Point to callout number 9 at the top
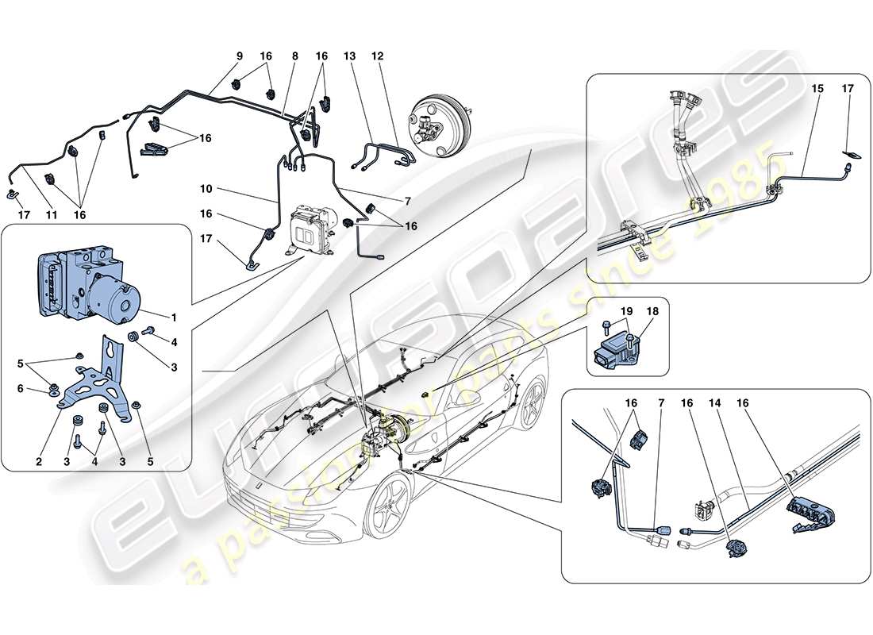[239, 56]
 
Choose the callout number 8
[294, 56]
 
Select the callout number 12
[377, 56]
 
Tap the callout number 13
[349, 56]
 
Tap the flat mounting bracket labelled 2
[99, 381]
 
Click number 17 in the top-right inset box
[848, 89]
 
